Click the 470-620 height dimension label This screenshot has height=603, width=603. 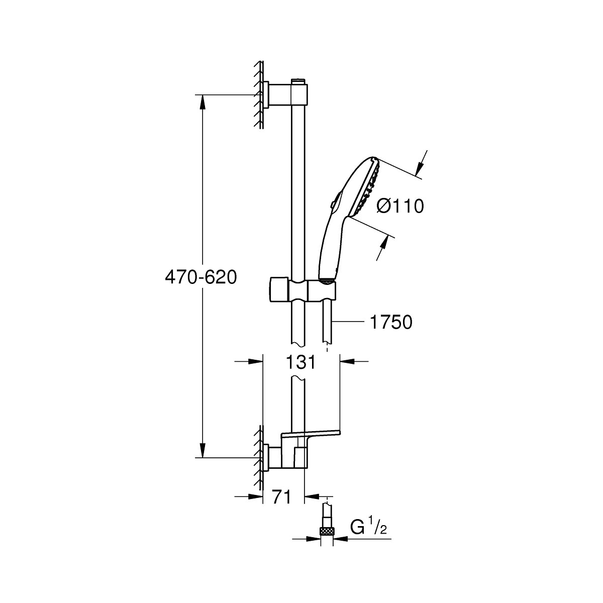click(x=201, y=276)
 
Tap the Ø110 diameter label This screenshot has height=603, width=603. click(x=400, y=206)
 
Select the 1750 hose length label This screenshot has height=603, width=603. click(x=390, y=322)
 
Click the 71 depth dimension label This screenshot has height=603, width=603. click(x=282, y=497)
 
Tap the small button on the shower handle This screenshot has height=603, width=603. click(x=332, y=204)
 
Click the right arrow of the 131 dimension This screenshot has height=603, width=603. click(x=347, y=361)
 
